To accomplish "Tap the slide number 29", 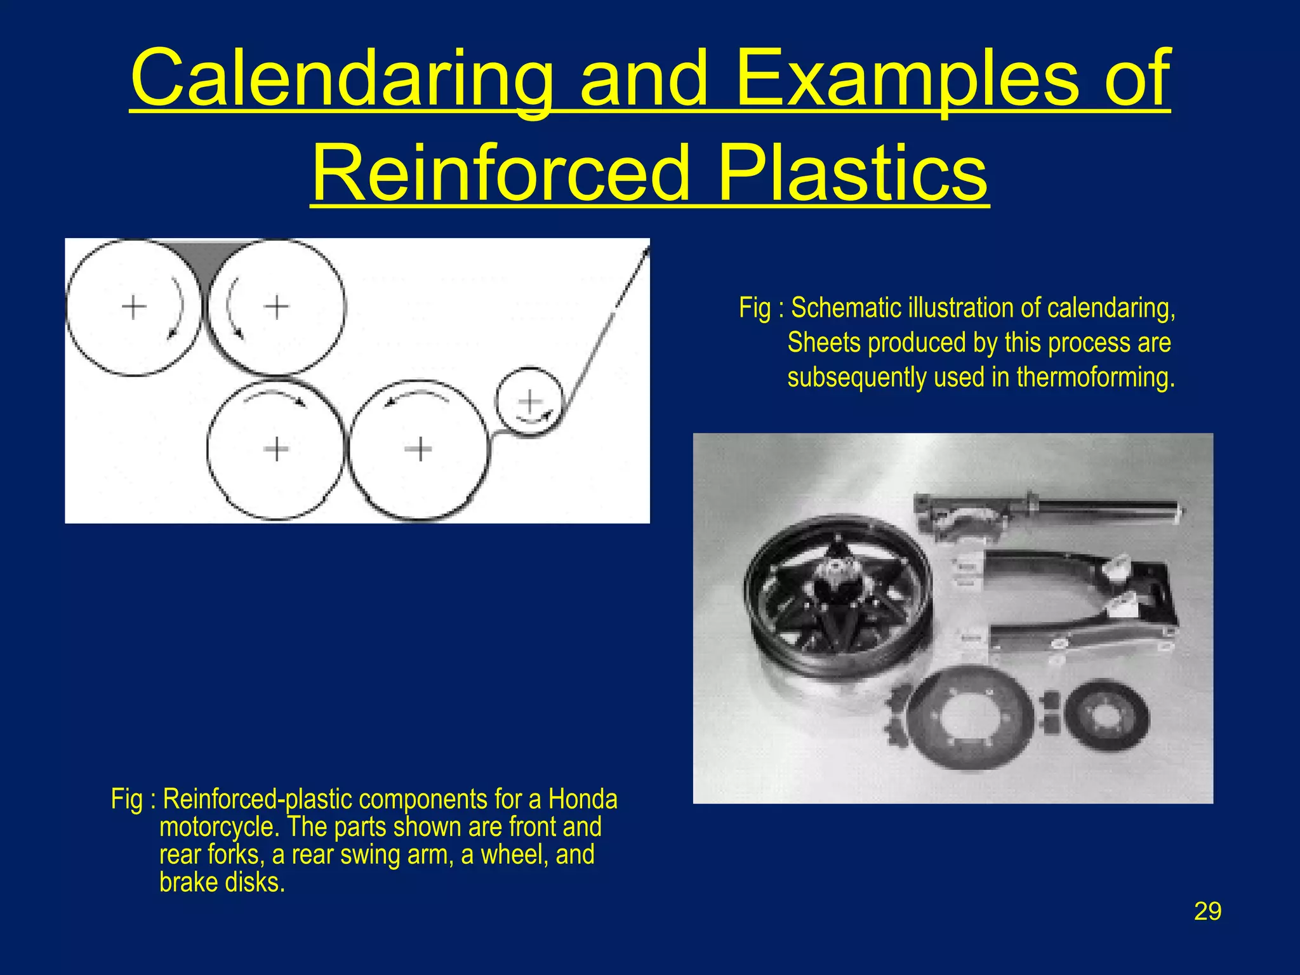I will [1207, 911].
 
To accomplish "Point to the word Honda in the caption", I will [582, 799].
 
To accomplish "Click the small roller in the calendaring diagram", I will [529, 401].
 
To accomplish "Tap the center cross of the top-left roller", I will [134, 307].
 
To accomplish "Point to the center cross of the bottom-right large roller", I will [418, 449].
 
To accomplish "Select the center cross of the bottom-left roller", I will [276, 449].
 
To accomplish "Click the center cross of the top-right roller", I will [276, 307].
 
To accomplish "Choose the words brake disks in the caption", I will [222, 882].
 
